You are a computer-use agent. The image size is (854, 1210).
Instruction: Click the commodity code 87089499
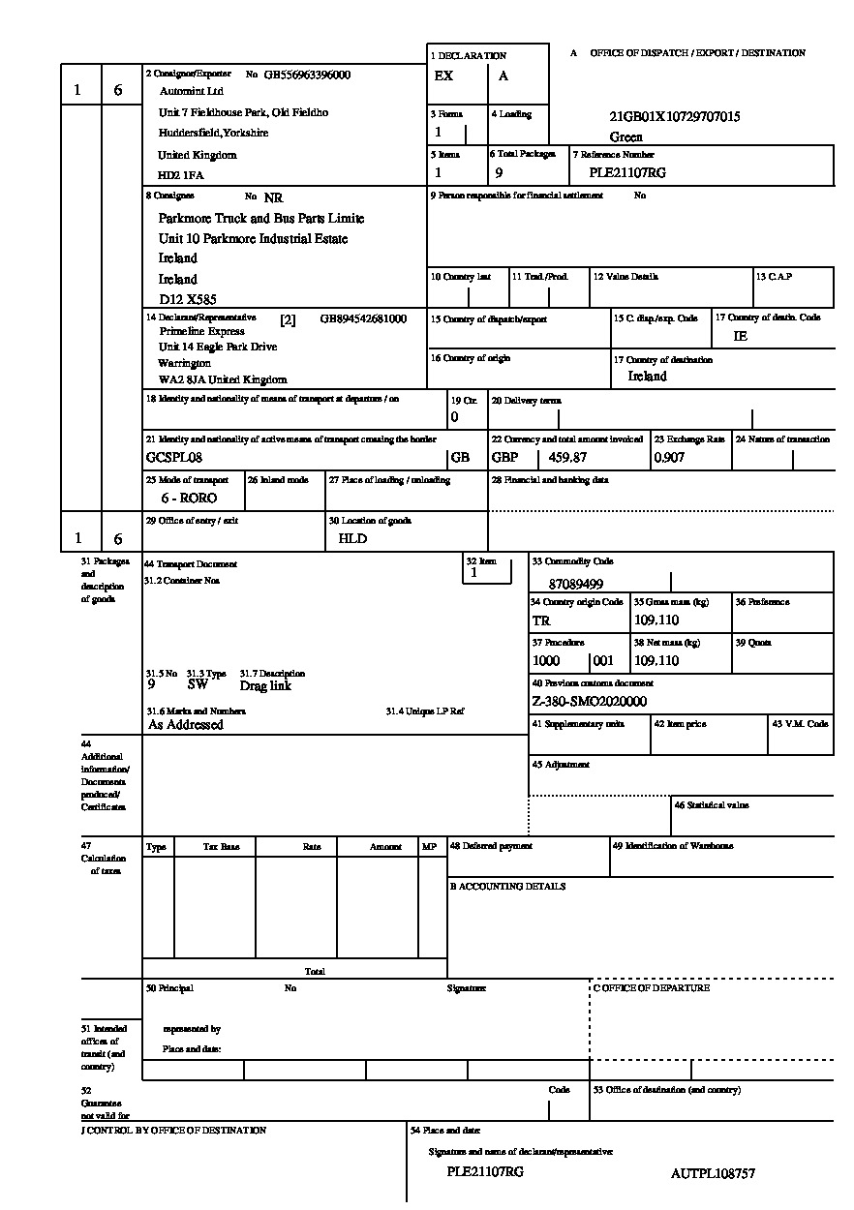click(575, 584)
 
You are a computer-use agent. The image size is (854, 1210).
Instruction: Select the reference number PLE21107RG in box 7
click(627, 173)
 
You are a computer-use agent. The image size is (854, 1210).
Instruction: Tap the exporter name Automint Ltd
click(191, 91)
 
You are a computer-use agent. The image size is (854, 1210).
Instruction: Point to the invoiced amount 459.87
click(569, 457)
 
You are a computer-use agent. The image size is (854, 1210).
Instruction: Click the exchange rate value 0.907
click(669, 457)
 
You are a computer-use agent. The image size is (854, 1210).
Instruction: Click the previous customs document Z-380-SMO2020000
click(589, 702)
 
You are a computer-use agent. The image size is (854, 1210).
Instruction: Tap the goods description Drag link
click(265, 685)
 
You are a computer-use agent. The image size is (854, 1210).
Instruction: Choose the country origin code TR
click(540, 620)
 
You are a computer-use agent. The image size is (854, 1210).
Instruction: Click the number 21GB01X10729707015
click(674, 116)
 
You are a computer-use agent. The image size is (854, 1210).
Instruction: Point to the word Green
click(625, 136)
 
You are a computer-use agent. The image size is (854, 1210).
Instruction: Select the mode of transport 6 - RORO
click(189, 498)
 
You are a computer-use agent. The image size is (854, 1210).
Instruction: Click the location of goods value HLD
click(352, 538)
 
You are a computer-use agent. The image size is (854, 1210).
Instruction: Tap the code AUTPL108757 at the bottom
click(713, 1173)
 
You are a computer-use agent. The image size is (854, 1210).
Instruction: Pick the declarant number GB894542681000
click(363, 318)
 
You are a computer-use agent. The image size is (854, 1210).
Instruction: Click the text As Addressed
click(185, 724)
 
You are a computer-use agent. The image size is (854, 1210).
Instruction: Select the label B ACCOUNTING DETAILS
click(506, 886)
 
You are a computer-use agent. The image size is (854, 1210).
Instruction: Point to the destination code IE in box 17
click(741, 336)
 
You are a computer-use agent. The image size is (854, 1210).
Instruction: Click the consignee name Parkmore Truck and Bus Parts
click(260, 218)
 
